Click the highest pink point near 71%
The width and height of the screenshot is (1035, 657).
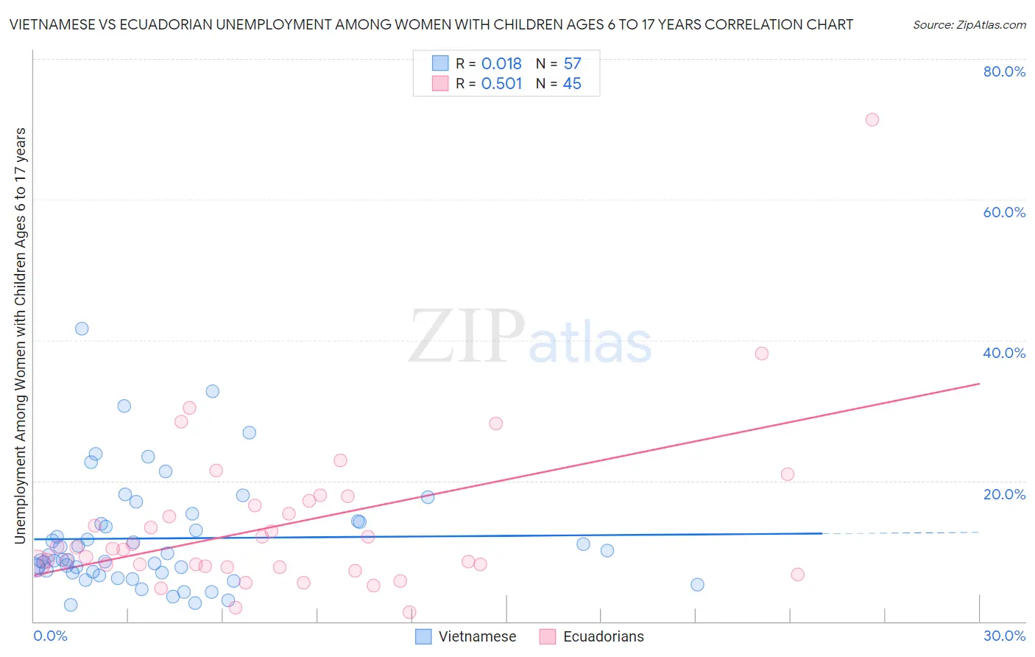click(x=872, y=119)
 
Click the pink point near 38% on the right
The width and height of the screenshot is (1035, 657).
click(x=761, y=354)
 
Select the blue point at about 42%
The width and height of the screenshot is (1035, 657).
click(x=82, y=328)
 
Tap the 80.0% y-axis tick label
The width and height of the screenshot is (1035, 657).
click(x=1004, y=71)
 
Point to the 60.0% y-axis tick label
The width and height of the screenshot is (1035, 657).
click(x=1004, y=212)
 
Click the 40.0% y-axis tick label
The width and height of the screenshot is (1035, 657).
click(x=1004, y=353)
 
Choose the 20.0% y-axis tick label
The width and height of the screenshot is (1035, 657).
click(x=1004, y=494)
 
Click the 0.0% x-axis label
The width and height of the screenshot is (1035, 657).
click(x=50, y=636)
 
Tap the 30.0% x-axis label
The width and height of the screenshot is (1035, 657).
click(x=1004, y=636)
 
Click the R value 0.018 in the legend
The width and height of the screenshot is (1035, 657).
click(x=501, y=64)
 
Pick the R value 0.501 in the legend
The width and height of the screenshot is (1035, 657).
click(x=501, y=84)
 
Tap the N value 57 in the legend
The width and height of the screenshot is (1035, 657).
click(x=572, y=64)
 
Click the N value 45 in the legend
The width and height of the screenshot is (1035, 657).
click(x=572, y=84)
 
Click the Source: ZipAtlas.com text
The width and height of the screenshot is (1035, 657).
click(x=969, y=25)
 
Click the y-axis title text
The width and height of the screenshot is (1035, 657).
click(x=21, y=335)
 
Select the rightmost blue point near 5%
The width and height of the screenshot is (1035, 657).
click(x=697, y=585)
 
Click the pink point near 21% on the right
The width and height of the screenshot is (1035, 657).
click(x=787, y=474)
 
